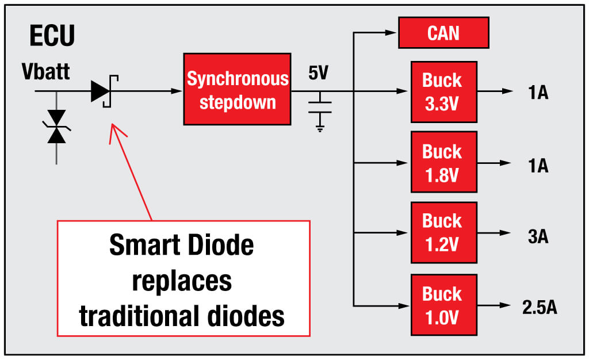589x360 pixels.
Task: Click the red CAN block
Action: tap(443, 33)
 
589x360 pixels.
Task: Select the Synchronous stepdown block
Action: tap(237, 89)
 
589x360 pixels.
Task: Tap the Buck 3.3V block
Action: tap(443, 91)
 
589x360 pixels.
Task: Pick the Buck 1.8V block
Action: tap(443, 162)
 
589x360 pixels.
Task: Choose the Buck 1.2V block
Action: tap(443, 232)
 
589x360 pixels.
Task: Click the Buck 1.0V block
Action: tap(443, 305)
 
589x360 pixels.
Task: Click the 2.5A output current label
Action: tap(539, 307)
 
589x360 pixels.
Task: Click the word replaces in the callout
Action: tap(182, 281)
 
